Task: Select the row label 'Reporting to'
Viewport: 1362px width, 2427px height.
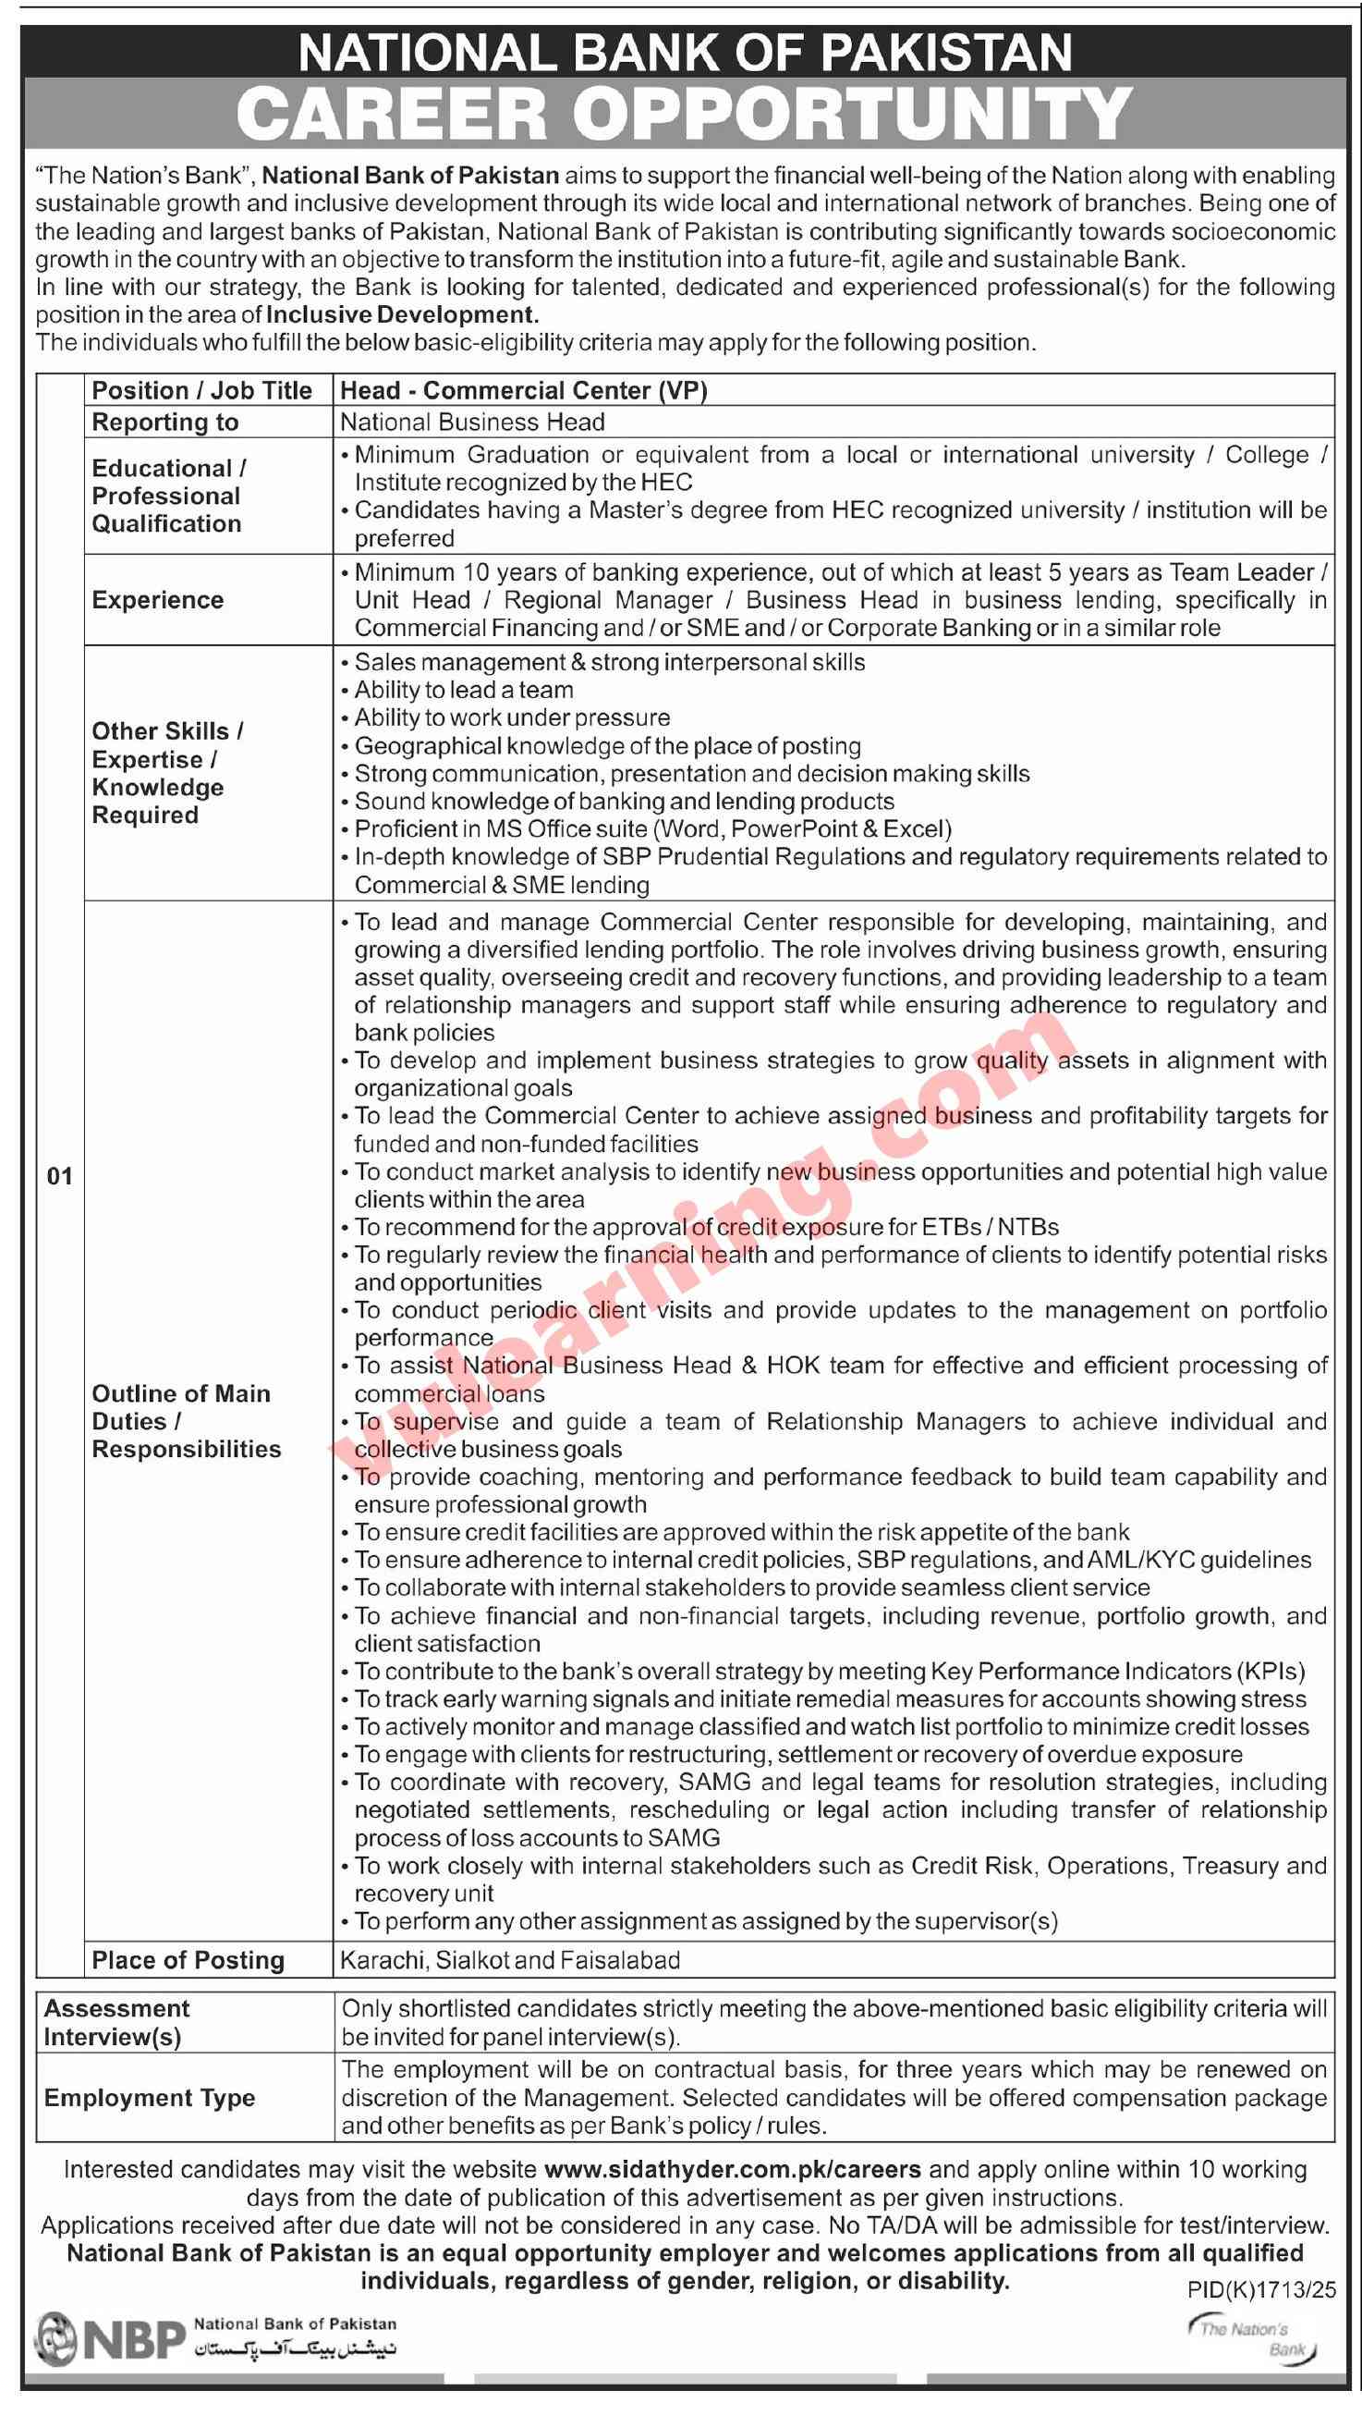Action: point(164,423)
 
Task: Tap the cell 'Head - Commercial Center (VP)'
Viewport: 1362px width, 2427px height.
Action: point(524,390)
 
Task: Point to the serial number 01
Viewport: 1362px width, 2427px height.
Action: point(59,1176)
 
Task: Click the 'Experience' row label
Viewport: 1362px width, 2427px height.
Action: point(157,600)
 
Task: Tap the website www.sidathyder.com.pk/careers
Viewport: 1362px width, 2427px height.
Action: point(732,2170)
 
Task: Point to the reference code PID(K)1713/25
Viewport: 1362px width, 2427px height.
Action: point(1256,2289)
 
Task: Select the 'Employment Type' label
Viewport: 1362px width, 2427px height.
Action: point(149,2098)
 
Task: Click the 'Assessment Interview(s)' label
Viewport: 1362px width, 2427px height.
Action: point(116,2023)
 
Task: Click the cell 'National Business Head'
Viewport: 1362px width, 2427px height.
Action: point(472,423)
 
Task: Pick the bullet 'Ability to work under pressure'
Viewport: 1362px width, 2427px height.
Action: point(512,717)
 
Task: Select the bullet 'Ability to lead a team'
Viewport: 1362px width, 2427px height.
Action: point(464,690)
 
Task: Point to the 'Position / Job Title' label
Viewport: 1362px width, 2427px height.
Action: point(201,390)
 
